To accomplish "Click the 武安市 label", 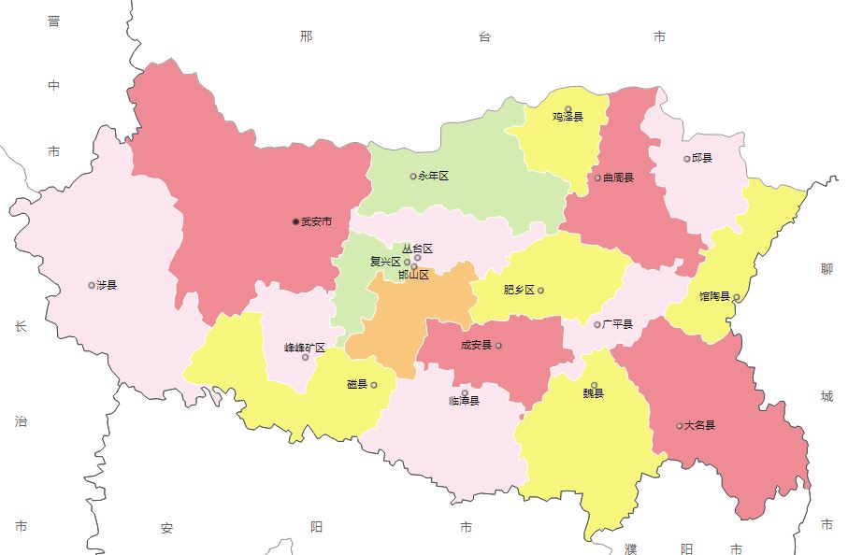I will coord(317,222).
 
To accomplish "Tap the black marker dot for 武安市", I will coord(296,222).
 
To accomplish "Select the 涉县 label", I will coord(107,285).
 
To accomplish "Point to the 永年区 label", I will coord(434,176).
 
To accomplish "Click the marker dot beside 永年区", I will coord(413,176).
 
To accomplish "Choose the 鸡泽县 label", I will coord(568,118).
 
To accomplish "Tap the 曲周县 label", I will coord(618,178).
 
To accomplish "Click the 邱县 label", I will coord(702,159).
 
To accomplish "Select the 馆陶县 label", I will coord(714,296).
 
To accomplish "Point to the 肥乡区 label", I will coord(519,290).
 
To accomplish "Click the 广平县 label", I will coord(618,324).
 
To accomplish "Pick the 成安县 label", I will coord(476,345).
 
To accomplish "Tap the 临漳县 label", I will coord(465,401).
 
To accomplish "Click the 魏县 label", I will coord(594,393).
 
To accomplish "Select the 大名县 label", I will coord(699,425).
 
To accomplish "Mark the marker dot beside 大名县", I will coord(680,426).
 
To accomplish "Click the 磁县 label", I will coord(357,384).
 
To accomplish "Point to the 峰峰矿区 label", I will coord(305,348).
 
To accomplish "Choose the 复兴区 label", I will coord(385,262).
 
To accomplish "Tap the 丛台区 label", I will coord(418,249).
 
